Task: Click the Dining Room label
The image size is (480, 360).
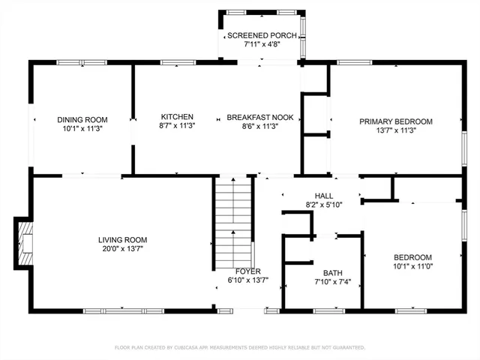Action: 82,119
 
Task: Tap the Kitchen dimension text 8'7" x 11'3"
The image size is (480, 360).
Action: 177,127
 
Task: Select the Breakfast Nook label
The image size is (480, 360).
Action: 260,118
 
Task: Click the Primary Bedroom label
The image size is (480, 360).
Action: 395,121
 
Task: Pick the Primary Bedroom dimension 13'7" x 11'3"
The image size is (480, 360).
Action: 395,130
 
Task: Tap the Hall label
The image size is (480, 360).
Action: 323,195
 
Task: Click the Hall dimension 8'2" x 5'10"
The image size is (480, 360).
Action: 323,204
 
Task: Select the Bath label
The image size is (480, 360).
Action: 332,273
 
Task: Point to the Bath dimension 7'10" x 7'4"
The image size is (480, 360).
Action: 332,282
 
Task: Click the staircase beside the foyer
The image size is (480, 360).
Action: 232,217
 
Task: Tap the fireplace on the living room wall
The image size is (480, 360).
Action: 25,243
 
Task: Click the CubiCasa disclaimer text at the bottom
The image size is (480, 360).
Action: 240,347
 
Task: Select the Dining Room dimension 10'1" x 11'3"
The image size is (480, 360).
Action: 82,128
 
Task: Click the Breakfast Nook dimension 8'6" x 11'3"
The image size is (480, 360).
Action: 260,127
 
